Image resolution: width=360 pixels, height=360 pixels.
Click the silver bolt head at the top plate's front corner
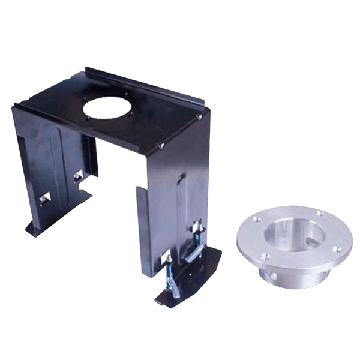coord(161,145)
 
